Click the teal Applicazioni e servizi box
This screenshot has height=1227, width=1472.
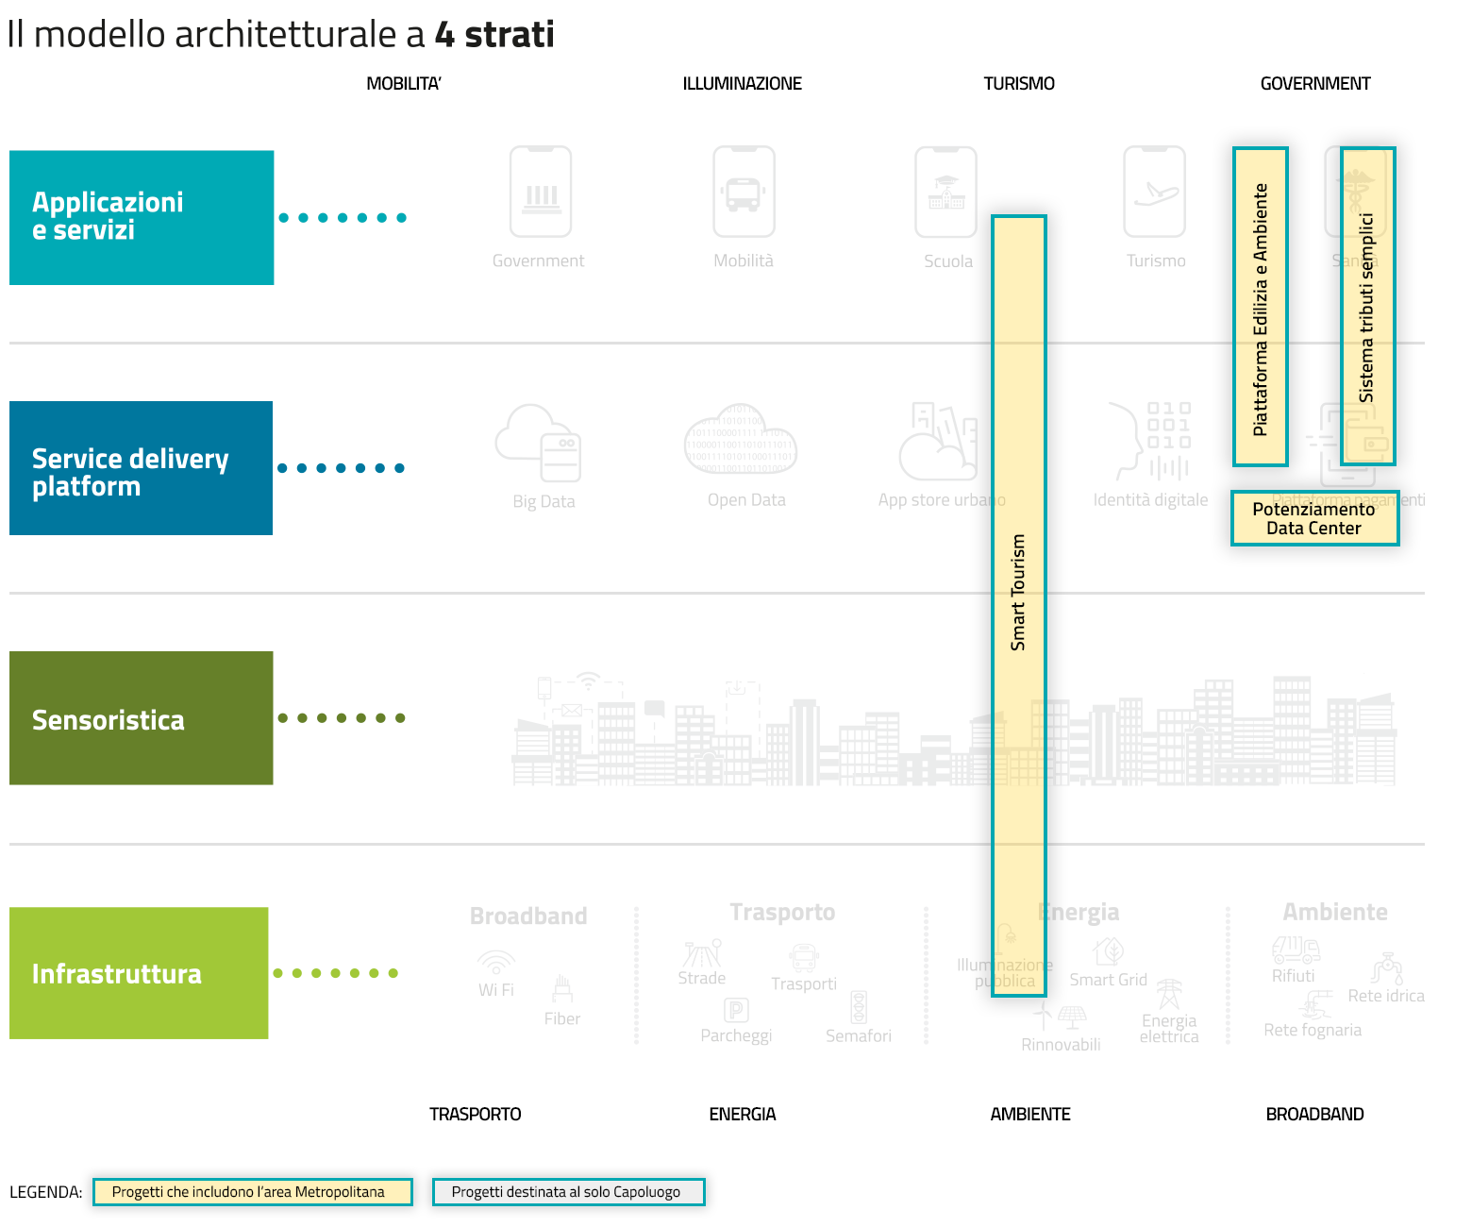click(x=142, y=217)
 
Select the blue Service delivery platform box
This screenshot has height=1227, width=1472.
click(x=142, y=468)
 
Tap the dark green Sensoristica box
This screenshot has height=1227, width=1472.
click(x=142, y=718)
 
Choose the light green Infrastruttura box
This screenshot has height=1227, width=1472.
click(x=139, y=973)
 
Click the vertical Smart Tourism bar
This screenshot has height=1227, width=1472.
click(x=1019, y=604)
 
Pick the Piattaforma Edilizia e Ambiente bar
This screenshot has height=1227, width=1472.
click(x=1261, y=307)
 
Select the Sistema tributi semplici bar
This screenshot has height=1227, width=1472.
click(x=1368, y=307)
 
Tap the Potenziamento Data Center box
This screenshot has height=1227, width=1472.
click(x=1314, y=518)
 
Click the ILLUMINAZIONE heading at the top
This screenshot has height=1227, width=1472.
click(x=742, y=84)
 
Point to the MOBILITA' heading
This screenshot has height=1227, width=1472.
click(x=404, y=84)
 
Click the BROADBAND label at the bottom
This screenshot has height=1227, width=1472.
click(x=1314, y=1115)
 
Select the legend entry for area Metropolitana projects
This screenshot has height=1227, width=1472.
click(x=253, y=1192)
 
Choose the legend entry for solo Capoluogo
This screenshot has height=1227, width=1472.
click(x=568, y=1192)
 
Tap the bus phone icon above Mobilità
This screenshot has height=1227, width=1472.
click(x=744, y=192)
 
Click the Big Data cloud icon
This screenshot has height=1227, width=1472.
click(x=539, y=444)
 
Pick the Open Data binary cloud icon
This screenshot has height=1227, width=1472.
click(x=741, y=441)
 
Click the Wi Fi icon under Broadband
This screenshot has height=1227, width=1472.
click(x=496, y=962)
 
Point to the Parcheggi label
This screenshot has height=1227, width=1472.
click(x=736, y=1035)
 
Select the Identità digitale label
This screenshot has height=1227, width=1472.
click(x=1150, y=500)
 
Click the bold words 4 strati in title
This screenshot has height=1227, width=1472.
click(x=494, y=35)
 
